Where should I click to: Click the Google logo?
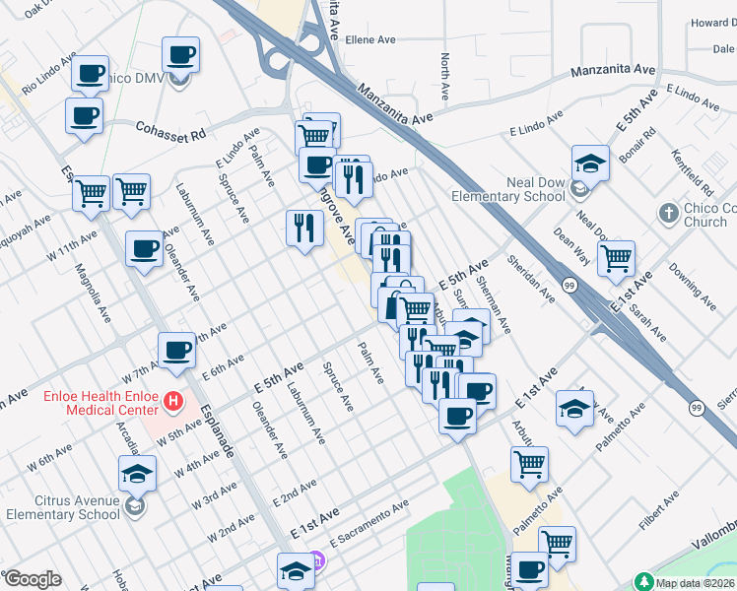click(33, 579)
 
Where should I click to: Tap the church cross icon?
click(667, 212)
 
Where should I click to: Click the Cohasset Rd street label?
click(170, 130)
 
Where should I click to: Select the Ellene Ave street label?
click(369, 40)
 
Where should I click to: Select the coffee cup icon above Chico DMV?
click(180, 54)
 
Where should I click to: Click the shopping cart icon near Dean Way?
click(616, 259)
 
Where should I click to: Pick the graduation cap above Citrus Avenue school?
click(138, 472)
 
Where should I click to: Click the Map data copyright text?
click(696, 583)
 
